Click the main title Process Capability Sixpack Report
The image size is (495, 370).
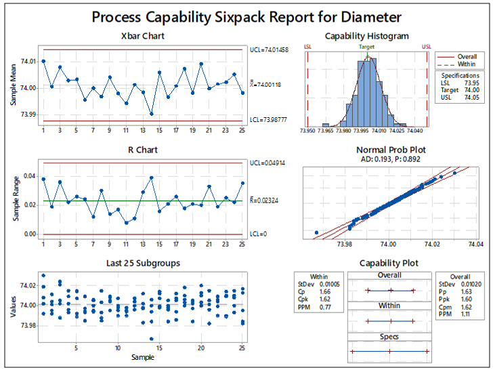(x=247, y=16)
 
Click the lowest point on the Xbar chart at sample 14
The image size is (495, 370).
(x=151, y=114)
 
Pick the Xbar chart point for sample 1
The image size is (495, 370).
(x=43, y=61)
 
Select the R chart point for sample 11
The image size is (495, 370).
(x=126, y=222)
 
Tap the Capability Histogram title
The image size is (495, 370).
(x=366, y=36)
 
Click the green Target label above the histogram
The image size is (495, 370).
(x=367, y=47)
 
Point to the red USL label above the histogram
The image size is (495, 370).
(x=427, y=47)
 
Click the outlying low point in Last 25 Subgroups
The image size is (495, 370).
(x=151, y=339)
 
